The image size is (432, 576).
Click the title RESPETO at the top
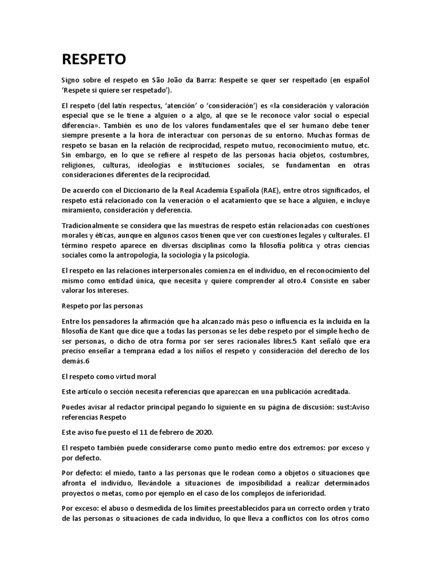point(94,59)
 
